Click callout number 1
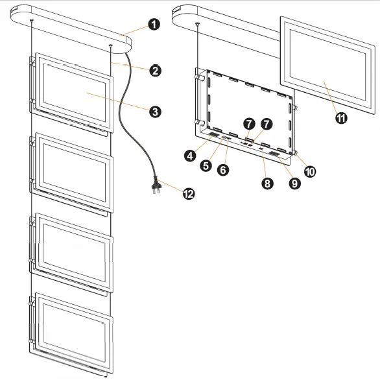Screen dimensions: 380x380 [154, 25]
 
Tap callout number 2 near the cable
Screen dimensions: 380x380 [154, 71]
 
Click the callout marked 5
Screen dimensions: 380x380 [206, 165]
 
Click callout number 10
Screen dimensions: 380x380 [310, 171]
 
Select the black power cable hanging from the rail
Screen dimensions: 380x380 [130, 117]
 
